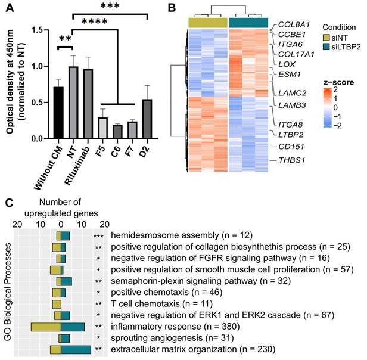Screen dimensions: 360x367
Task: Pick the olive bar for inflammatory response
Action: tap(46, 327)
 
